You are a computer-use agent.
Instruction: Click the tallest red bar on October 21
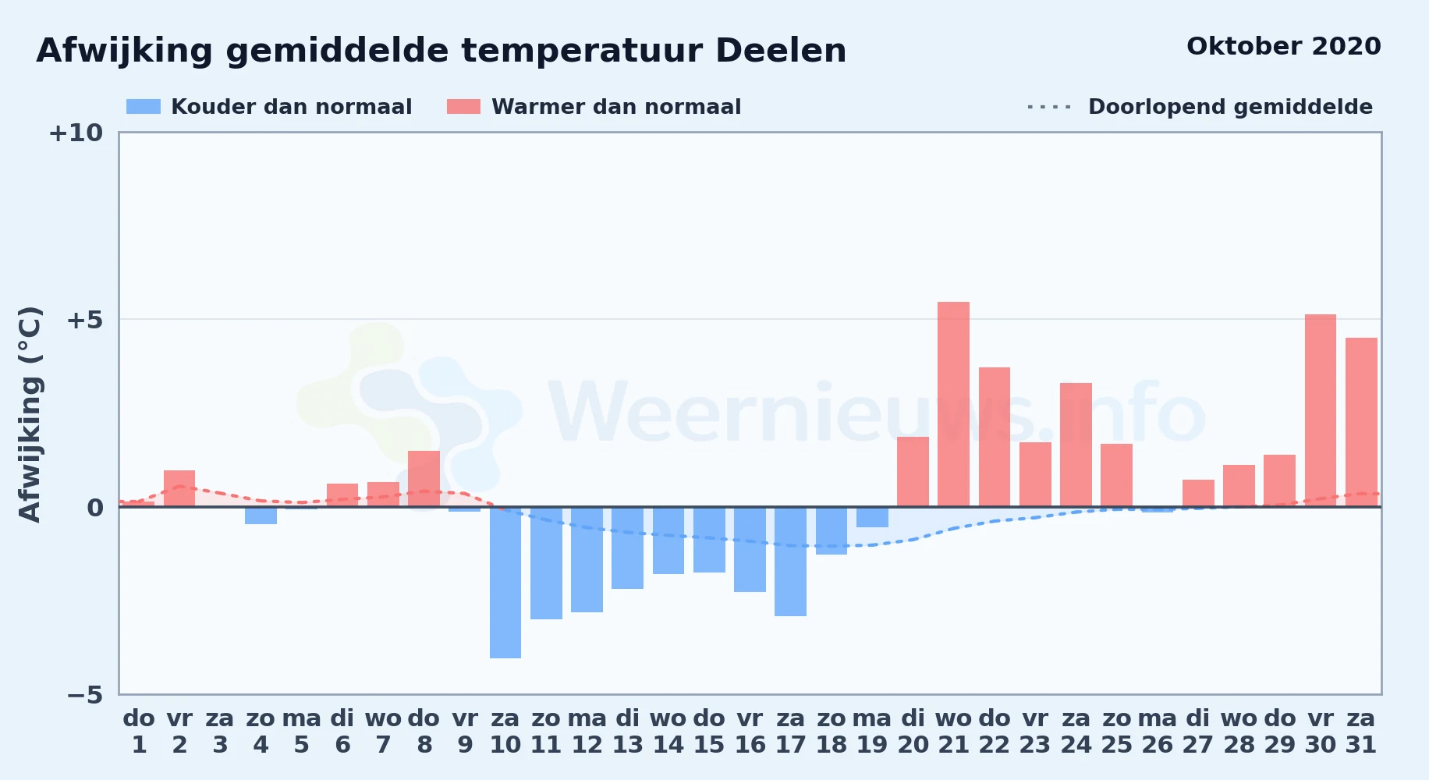[953, 404]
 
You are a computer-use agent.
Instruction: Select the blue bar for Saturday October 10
[505, 583]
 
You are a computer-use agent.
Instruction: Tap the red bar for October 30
[1321, 410]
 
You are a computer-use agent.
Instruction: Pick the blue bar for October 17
[790, 562]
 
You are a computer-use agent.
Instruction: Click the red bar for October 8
[424, 479]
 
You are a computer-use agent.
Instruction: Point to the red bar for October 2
[179, 488]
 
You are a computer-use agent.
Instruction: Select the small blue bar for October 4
[261, 516]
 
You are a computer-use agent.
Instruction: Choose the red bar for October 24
[1076, 445]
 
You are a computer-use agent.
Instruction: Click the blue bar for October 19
[872, 517]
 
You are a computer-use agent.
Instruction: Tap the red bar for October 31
[1361, 422]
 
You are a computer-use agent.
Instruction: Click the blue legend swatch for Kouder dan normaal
[144, 107]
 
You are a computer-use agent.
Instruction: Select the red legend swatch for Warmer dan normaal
[463, 107]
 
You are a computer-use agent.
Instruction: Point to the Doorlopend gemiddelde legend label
[1230, 107]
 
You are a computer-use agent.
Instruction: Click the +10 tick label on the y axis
[76, 133]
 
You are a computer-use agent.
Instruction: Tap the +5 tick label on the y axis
[85, 320]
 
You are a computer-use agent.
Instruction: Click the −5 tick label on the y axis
[85, 695]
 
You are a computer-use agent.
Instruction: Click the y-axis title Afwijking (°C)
[30, 414]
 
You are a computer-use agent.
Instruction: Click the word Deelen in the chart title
[781, 51]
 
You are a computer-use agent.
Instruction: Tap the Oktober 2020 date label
[1283, 47]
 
